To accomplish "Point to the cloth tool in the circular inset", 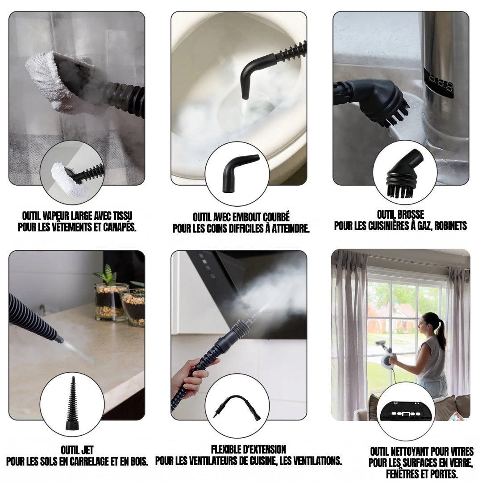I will point(71,179).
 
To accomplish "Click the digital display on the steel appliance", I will point(439,83).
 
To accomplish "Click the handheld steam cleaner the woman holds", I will point(385,354).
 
